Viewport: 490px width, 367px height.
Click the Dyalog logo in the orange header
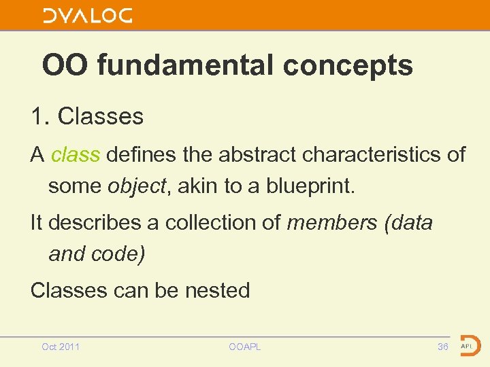(87, 16)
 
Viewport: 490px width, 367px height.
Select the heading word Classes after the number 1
(101, 116)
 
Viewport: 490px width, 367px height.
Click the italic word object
(137, 186)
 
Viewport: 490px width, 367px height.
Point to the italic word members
(333, 222)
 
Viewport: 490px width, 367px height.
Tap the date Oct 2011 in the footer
(61, 347)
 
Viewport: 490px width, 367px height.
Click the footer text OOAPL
(245, 347)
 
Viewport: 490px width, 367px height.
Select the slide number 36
(443, 347)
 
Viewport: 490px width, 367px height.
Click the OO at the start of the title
(66, 66)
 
